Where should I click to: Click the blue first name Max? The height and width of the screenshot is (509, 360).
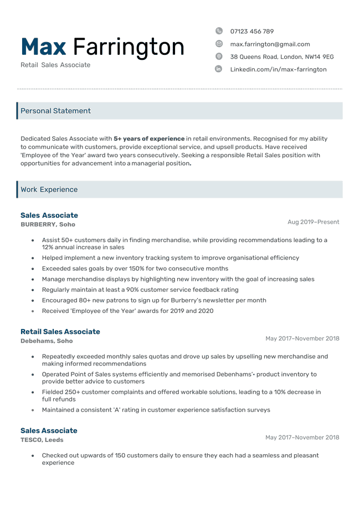point(43,47)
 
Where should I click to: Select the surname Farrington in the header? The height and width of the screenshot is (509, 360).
point(128,47)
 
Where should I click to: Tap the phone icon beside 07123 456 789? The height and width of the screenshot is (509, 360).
point(219,31)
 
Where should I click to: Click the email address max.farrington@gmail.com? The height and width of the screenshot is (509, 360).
point(270,44)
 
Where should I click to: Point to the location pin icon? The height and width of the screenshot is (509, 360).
point(219,56)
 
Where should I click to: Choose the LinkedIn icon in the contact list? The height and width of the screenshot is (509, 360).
point(219,69)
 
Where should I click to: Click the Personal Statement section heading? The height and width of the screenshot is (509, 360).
point(55,111)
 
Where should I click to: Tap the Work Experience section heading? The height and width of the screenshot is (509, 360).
point(49,189)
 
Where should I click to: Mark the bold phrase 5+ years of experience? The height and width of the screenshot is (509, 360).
point(149,138)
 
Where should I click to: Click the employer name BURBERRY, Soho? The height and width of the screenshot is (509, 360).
point(48,224)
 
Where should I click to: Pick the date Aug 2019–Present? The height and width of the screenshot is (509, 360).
point(313,222)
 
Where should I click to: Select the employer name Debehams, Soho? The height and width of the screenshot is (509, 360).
point(47,341)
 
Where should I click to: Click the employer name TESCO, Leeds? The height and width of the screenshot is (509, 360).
point(42,440)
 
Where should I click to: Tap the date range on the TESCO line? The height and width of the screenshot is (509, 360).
point(302,438)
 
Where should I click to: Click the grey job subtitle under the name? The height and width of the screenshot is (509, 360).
point(55,65)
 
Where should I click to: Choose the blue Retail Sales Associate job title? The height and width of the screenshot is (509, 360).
point(60,332)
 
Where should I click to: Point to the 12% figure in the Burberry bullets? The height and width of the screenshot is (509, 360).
point(48,248)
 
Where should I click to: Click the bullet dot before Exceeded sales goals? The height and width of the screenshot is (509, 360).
point(33,269)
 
